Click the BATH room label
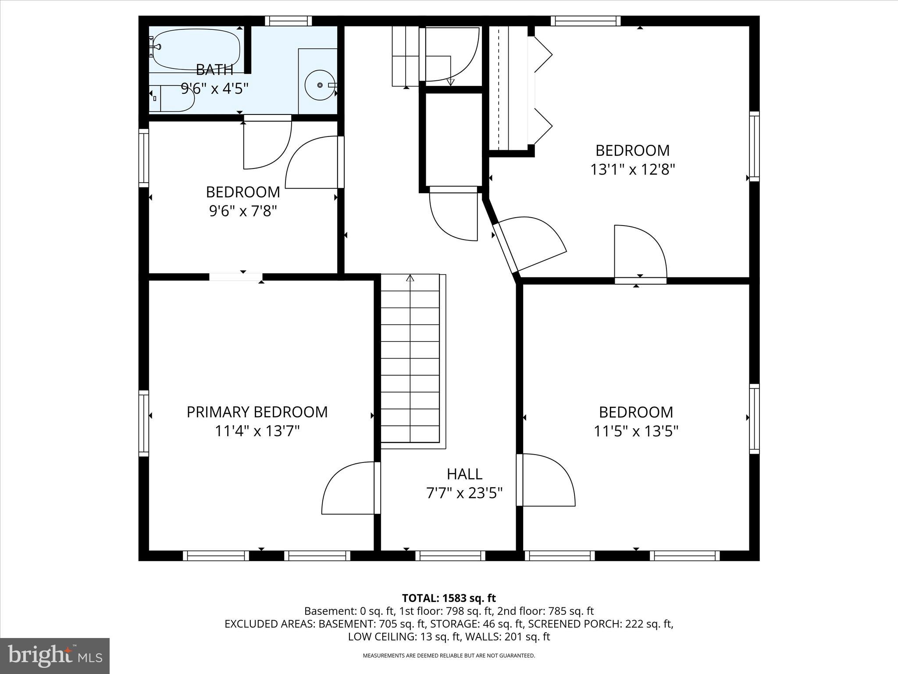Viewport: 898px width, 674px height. (214, 69)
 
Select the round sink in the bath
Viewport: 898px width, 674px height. (320, 84)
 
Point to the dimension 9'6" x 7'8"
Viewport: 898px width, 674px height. (243, 211)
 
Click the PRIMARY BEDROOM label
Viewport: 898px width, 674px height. (257, 412)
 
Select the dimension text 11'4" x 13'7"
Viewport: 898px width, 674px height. (257, 431)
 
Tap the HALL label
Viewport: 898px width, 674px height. (464, 474)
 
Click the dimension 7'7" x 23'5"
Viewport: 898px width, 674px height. (464, 493)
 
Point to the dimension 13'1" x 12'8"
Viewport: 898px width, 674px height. (632, 169)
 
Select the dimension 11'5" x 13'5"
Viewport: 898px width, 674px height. (636, 431)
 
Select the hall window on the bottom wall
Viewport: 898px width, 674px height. (450, 556)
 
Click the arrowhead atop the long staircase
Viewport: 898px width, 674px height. (410, 278)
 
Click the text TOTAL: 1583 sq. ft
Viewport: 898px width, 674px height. (449, 598)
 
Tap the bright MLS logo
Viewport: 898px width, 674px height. (54, 656)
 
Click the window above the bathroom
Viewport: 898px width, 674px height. (289, 21)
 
